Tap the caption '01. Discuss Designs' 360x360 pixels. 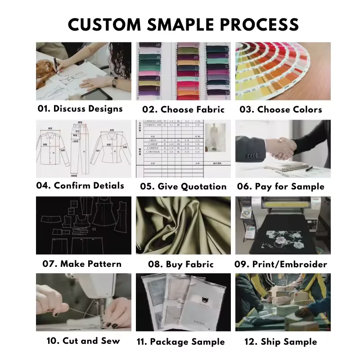point(80,109)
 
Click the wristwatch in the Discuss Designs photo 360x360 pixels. point(114,81)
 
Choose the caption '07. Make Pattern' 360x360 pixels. point(82,264)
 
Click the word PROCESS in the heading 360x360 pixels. point(256,24)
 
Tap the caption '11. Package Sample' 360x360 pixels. point(180,342)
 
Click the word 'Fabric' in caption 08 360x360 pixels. point(199,264)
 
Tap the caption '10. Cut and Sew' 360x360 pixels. point(83,341)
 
